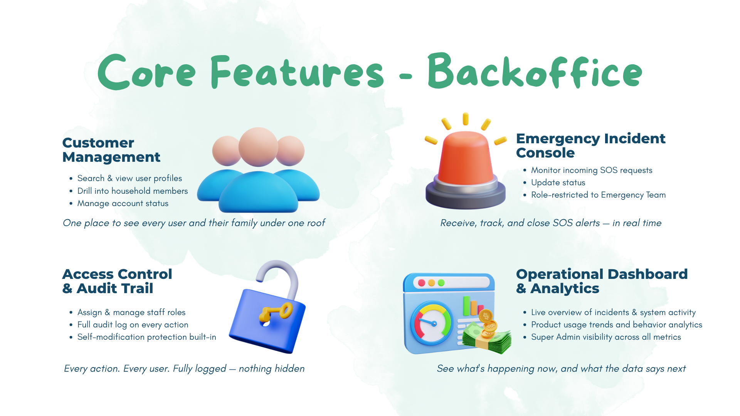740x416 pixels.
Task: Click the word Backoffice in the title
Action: pos(535,72)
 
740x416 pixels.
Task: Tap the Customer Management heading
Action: pos(111,150)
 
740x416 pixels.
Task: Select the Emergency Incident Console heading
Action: pos(590,145)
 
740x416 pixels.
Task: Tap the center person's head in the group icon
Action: pos(258,147)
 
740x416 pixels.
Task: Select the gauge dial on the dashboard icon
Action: pos(432,323)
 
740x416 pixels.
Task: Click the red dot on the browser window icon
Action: pos(422,283)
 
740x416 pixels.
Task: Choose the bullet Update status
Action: pos(558,183)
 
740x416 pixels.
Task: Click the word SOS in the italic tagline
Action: pos(563,223)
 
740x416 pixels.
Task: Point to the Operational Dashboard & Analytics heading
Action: pos(602,281)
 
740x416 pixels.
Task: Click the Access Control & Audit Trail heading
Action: pos(117,281)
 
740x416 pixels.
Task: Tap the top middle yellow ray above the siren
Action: pos(466,119)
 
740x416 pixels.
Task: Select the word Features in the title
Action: pos(297,72)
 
